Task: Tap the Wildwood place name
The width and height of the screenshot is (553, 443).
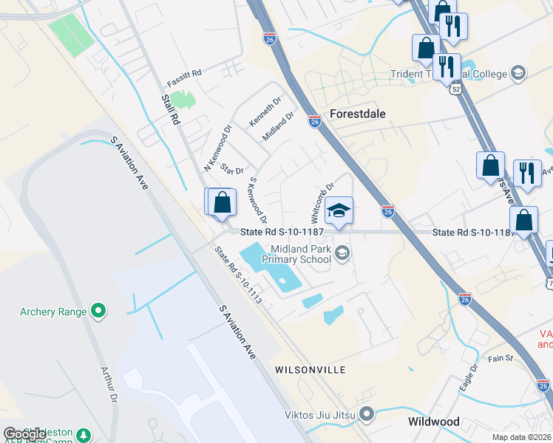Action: (x=433, y=422)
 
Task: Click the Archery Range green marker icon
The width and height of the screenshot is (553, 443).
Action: (x=98, y=312)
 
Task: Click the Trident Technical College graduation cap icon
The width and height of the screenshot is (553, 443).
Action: (x=518, y=73)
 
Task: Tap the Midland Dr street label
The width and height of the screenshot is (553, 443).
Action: (x=278, y=126)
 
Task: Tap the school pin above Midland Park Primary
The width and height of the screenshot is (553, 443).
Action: (x=339, y=210)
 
